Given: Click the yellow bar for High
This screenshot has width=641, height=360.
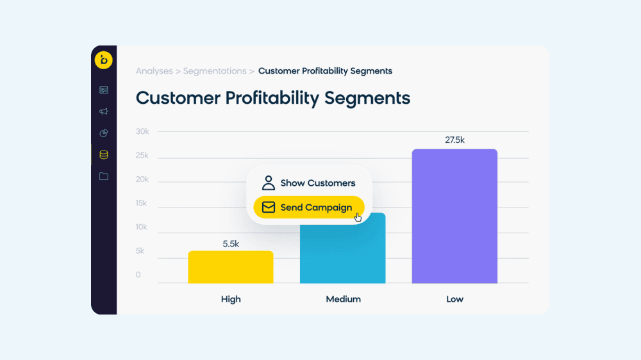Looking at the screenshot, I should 230,267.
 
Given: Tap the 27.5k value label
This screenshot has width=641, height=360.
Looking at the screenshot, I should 454,140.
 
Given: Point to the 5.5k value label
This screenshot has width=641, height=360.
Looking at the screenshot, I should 231,243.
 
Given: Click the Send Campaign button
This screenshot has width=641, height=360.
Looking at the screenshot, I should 308,208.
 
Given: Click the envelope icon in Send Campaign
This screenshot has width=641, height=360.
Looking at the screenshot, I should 269,208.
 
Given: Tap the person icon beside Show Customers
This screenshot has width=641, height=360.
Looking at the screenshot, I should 269,183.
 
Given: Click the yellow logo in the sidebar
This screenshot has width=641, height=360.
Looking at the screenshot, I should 104,60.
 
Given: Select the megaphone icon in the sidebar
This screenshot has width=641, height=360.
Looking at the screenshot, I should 104,111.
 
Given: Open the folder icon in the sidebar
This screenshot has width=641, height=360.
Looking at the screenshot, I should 104,176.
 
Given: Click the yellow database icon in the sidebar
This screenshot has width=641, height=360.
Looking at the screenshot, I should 104,154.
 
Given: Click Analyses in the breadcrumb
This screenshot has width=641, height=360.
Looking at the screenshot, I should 154,71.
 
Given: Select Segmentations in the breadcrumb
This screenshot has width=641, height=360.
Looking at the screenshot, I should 215,71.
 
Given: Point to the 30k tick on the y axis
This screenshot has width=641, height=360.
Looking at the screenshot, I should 142,131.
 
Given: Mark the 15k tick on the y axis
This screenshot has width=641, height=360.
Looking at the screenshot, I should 142,203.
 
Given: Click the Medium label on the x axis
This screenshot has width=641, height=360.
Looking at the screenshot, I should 343,299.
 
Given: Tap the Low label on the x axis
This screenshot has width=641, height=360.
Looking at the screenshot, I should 454,299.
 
